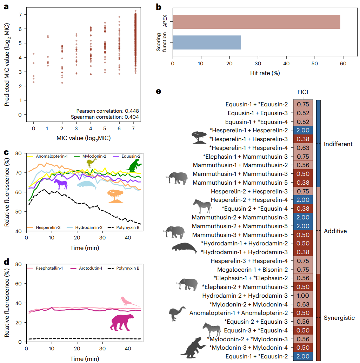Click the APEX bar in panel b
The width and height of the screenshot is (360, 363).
tap(256, 22)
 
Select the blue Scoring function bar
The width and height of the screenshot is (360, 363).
tap(207, 42)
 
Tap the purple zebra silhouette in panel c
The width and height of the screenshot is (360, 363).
tap(60, 184)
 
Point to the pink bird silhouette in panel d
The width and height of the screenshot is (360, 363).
tap(128, 302)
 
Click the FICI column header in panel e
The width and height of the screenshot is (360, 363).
tap(302, 92)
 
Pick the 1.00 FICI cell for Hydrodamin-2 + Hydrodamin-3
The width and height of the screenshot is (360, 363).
tap(302, 296)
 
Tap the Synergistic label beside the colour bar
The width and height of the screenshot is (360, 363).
tap(339, 318)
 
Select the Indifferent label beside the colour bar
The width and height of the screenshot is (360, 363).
tap(338, 144)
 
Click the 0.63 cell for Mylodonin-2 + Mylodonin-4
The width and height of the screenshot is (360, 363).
tap(302, 304)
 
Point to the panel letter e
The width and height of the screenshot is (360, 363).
tap(159, 92)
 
